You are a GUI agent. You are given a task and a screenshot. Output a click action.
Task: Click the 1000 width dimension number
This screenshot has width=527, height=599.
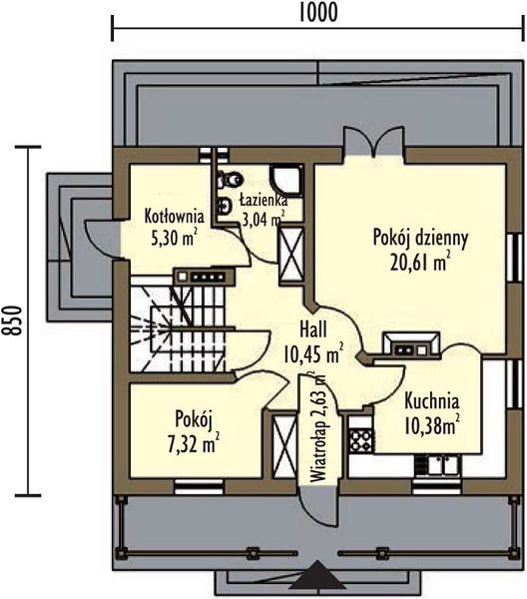[x=317, y=12]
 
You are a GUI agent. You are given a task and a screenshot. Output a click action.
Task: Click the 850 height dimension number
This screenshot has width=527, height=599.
[x=14, y=320]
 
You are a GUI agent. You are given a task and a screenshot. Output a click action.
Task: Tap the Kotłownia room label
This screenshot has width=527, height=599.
[x=174, y=217]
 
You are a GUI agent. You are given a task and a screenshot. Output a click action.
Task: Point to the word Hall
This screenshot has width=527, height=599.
[x=313, y=329]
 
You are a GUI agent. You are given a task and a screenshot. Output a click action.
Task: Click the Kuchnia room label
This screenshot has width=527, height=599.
[x=431, y=401]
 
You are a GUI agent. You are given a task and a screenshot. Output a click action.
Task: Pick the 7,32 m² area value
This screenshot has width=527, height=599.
[x=194, y=443]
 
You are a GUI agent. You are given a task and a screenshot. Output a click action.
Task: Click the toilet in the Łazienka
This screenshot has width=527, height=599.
[x=230, y=179]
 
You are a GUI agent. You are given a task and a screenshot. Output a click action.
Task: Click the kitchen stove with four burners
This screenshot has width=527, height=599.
[x=360, y=440]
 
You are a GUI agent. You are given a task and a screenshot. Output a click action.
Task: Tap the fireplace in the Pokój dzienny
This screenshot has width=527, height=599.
[x=411, y=345]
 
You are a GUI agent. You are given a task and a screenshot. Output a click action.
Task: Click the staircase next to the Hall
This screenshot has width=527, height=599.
[x=179, y=329]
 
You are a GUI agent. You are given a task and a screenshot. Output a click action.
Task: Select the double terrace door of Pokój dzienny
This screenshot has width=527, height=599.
[x=373, y=142]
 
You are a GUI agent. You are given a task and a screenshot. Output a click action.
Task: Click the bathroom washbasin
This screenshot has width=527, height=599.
[x=224, y=207]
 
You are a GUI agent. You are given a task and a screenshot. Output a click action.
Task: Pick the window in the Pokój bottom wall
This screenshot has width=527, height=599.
[x=199, y=486]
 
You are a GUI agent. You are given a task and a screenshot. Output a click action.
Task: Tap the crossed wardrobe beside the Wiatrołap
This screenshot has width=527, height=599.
[x=284, y=446]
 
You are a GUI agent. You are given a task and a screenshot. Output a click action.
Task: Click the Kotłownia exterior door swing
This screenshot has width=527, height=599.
[x=100, y=240]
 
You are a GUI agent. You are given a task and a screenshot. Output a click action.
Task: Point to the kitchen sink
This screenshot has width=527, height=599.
[x=443, y=465]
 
